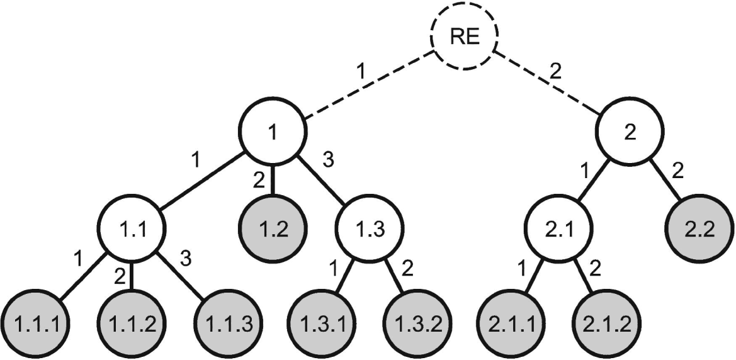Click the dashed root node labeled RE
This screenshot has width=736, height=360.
point(464,36)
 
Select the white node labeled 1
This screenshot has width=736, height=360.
point(273,132)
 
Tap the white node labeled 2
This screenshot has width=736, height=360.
point(630,132)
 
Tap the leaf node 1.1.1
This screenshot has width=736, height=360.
point(37,324)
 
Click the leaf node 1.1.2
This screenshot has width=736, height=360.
point(132,324)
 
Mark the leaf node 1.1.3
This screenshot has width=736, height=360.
point(229,324)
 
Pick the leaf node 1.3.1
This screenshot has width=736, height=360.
point(322,324)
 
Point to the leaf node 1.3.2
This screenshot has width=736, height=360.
point(418,324)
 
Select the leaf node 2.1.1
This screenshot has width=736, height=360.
point(511,324)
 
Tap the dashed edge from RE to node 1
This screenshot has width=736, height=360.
point(369,84)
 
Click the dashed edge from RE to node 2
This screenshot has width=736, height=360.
point(547,83)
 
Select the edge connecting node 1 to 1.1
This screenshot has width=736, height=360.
point(202,181)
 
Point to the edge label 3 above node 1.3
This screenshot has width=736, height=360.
point(328,160)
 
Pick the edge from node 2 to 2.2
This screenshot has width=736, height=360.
point(665,181)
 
